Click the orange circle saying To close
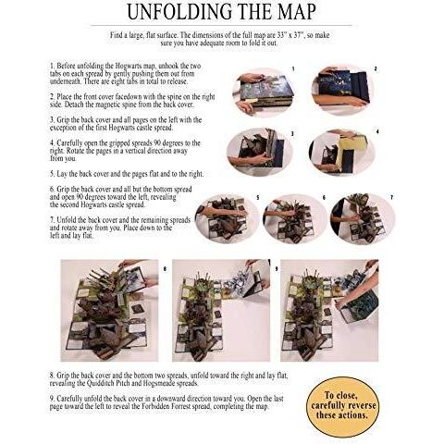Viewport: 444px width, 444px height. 343,406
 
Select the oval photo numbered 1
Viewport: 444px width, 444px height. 264,92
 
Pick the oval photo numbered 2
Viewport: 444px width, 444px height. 341,91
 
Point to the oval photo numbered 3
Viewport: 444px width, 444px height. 258,152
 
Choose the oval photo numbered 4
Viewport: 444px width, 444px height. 341,153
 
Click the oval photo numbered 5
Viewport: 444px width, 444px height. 227,218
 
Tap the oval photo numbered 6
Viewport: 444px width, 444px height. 294,218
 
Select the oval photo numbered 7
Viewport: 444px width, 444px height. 362,218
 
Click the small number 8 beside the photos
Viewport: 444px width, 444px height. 165,269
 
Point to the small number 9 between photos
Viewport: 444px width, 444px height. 277,269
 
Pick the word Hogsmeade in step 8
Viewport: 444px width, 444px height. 183,384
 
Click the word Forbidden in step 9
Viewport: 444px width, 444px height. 154,406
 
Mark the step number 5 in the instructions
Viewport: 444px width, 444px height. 52,174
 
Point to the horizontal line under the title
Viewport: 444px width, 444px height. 221,25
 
